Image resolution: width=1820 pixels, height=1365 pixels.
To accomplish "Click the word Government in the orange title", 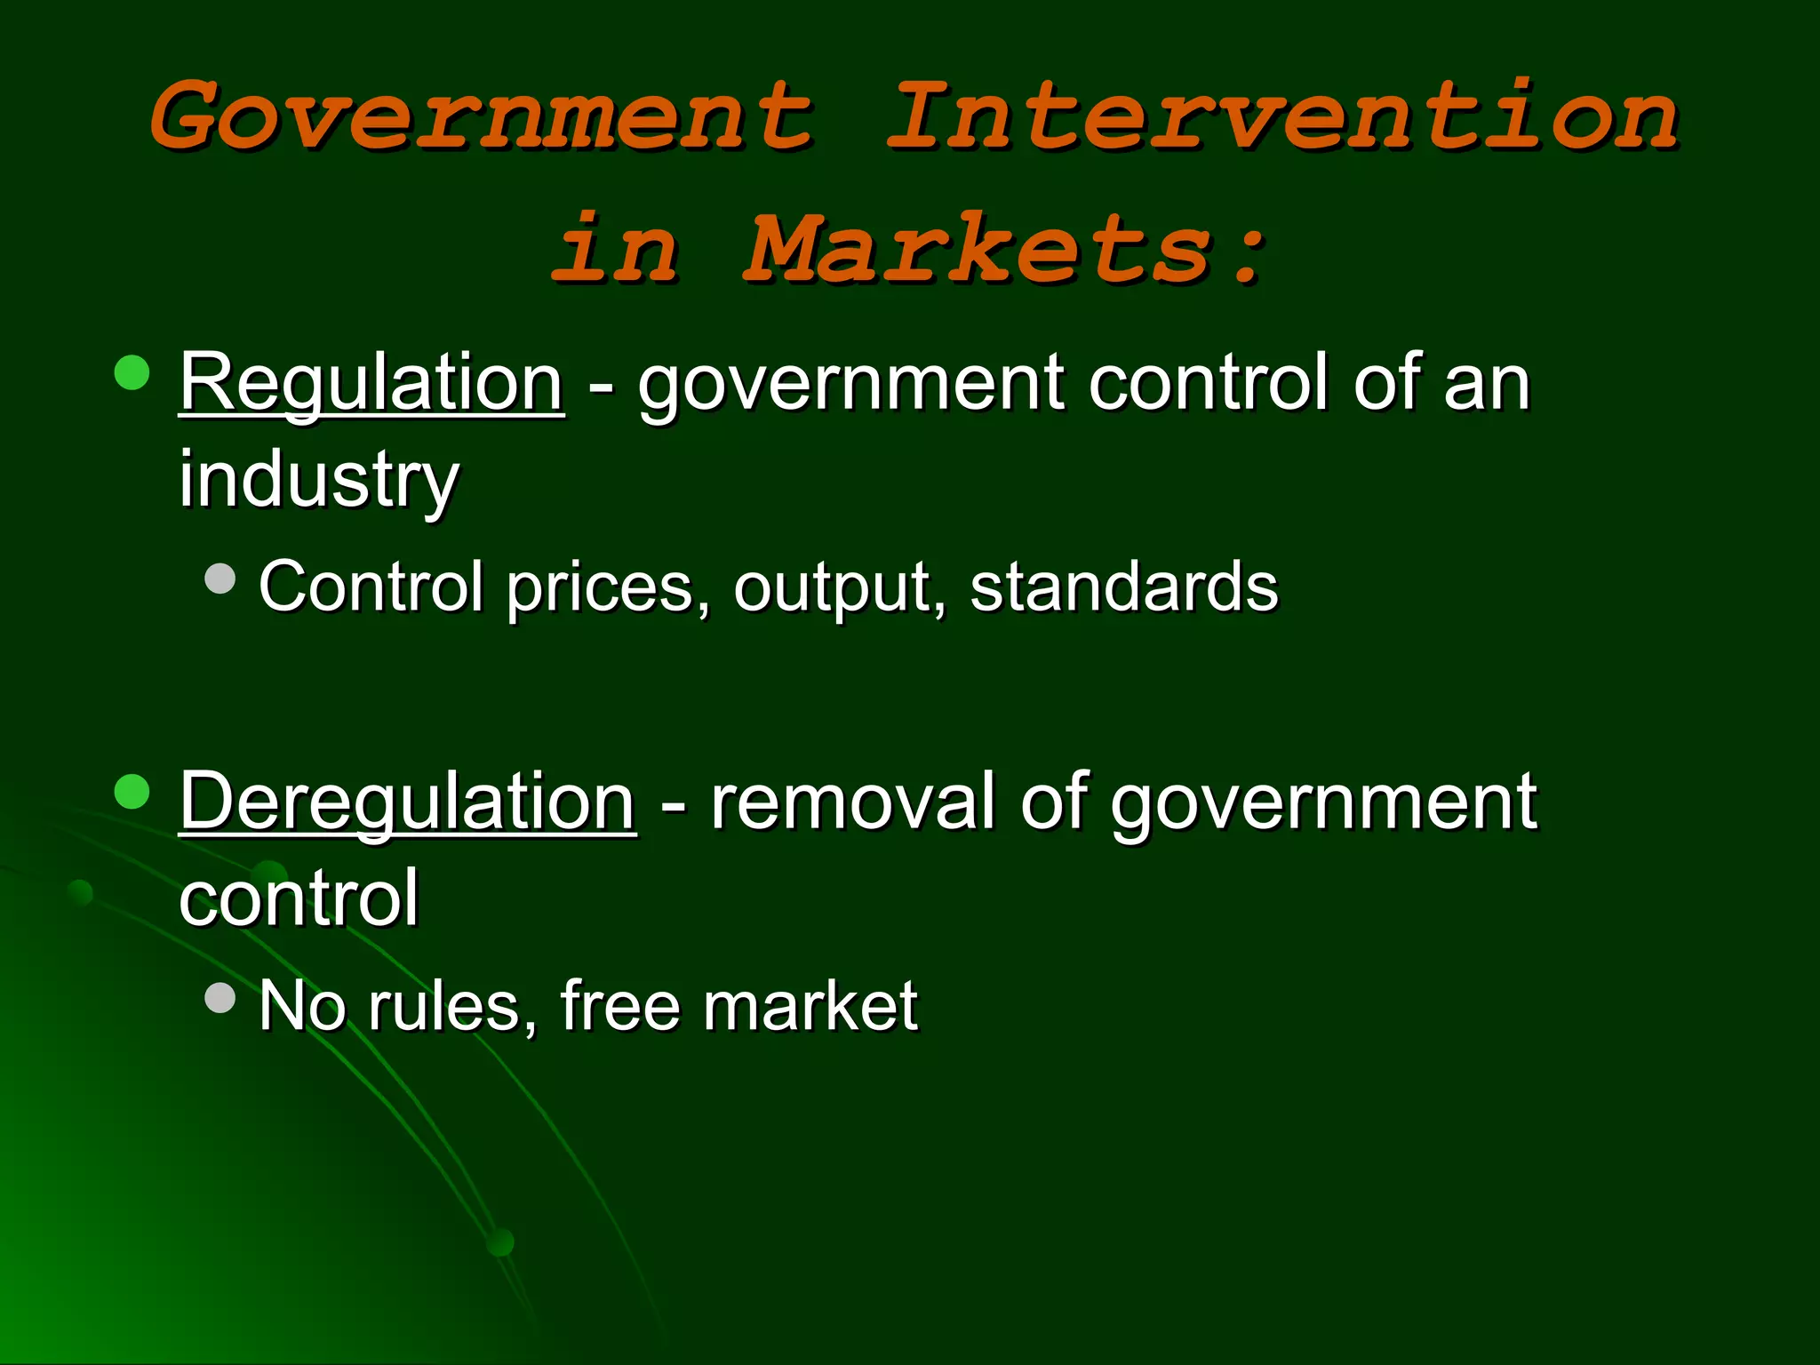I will tap(481, 116).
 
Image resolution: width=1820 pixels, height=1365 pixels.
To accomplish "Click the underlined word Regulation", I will tap(371, 383).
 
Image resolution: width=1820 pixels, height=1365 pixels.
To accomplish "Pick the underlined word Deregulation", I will tap(408, 802).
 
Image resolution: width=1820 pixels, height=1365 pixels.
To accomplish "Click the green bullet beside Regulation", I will tap(132, 373).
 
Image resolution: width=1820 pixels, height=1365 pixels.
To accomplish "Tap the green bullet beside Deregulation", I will tap(132, 792).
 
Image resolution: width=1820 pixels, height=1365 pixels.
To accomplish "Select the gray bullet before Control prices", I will tap(220, 579).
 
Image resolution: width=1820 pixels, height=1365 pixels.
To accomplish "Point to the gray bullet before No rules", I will tap(220, 997).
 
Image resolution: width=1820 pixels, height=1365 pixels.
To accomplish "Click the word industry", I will tap(319, 480).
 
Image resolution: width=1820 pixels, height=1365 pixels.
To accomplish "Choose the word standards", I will tap(1123, 587).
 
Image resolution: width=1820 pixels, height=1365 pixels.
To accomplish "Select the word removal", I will tap(852, 802).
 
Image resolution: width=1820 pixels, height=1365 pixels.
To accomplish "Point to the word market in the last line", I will tap(810, 1006).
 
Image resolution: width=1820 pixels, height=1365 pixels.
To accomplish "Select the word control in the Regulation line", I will tap(1209, 383).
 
